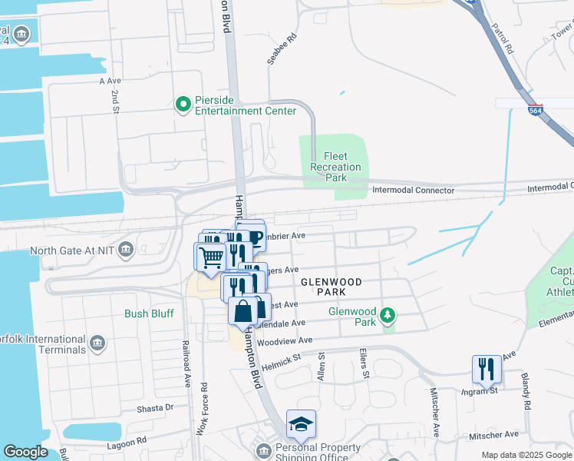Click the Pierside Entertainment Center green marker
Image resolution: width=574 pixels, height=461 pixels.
183,104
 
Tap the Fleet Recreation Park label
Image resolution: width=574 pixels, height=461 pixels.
336,167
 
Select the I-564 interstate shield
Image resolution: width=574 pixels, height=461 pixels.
536,109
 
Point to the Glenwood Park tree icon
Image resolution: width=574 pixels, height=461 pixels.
389,314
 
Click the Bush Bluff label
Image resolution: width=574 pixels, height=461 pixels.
149,313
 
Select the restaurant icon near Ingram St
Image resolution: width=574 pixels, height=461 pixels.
487,370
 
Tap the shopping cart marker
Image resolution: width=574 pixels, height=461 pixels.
210,257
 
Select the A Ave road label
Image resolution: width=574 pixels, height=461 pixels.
111,80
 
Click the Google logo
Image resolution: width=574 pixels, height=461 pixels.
25,452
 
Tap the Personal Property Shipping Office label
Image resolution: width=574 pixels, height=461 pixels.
318,453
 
